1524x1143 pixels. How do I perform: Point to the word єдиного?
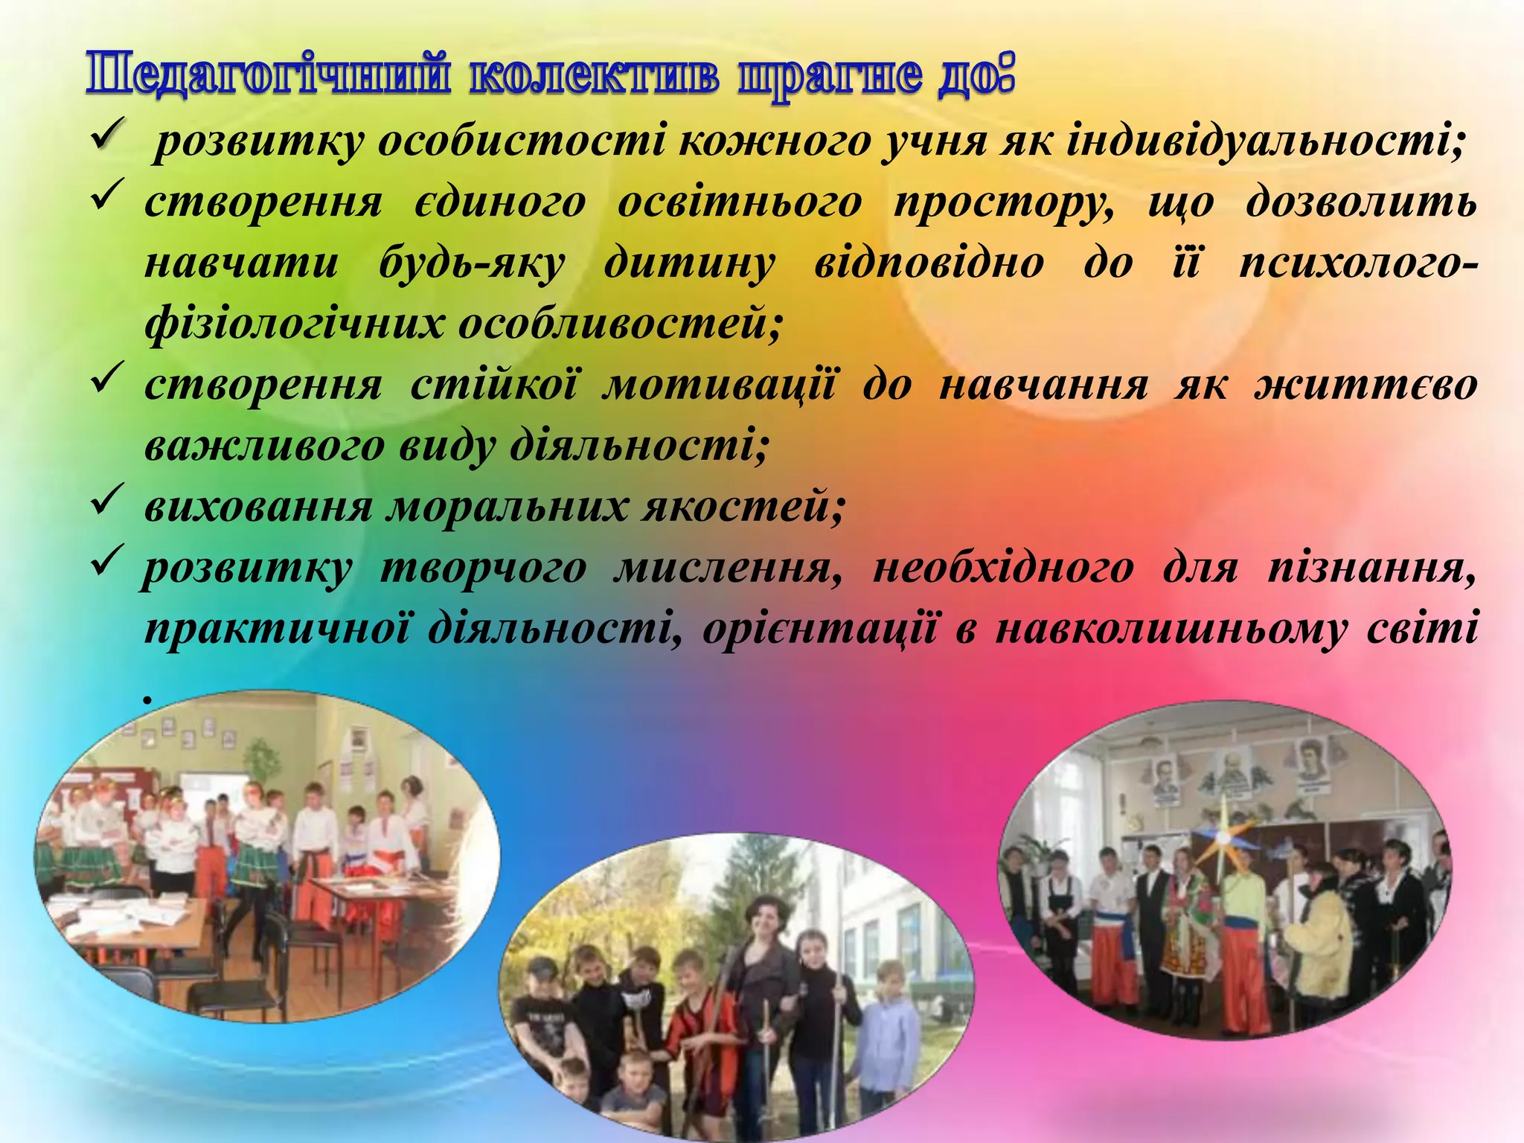[x=499, y=202]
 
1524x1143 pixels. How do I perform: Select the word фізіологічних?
[x=293, y=324]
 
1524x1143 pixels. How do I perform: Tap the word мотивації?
[x=719, y=385]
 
